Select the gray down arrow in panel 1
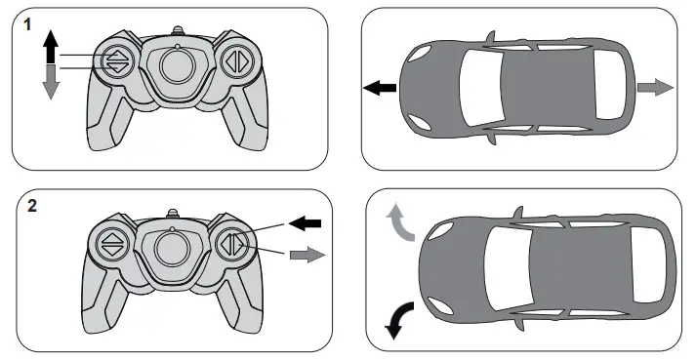point(51,84)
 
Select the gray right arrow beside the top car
point(655,88)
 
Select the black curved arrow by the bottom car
point(400,319)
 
